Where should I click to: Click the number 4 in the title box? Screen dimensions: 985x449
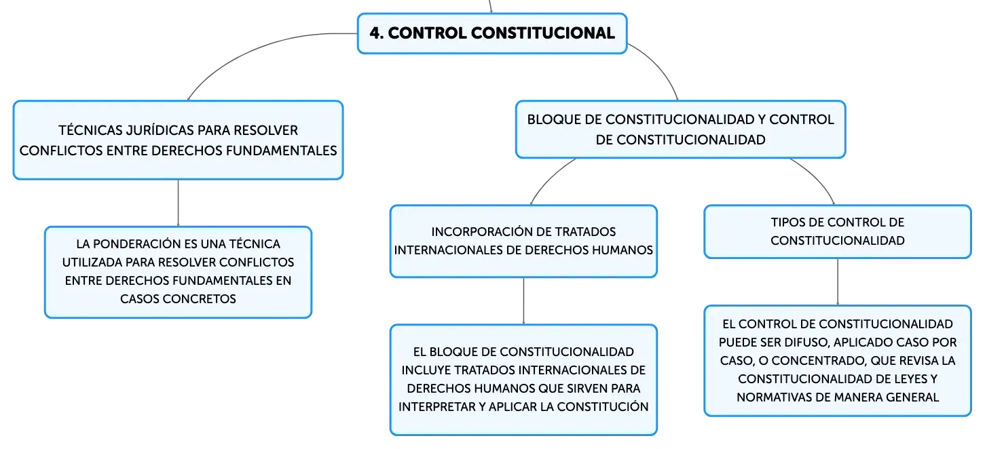pyautogui.click(x=375, y=33)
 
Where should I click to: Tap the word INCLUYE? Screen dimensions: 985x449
pyautogui.click(x=426, y=370)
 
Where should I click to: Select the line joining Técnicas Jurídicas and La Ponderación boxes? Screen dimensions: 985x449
pyautogui.click(x=178, y=203)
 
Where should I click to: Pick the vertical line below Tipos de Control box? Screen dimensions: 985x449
pyautogui.click(x=838, y=281)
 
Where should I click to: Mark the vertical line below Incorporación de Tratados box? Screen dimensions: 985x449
pyautogui.click(x=523, y=301)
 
